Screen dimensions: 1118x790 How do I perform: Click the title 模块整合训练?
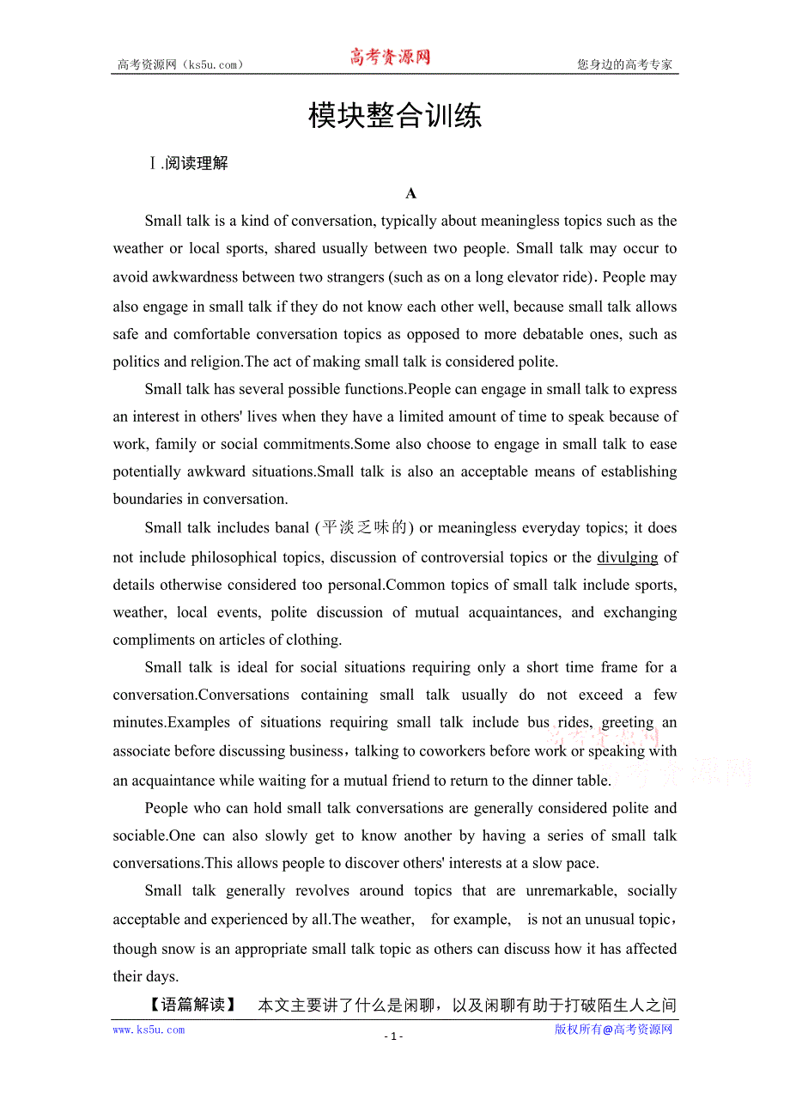click(x=395, y=116)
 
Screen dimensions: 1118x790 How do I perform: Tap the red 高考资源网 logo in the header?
click(x=389, y=58)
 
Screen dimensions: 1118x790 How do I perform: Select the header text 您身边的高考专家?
click(x=624, y=64)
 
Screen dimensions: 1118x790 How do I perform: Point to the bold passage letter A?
click(x=411, y=193)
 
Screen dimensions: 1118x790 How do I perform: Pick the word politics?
click(x=138, y=362)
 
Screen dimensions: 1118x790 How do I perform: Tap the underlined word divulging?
click(x=627, y=557)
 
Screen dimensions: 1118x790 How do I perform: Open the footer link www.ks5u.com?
click(x=149, y=1030)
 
